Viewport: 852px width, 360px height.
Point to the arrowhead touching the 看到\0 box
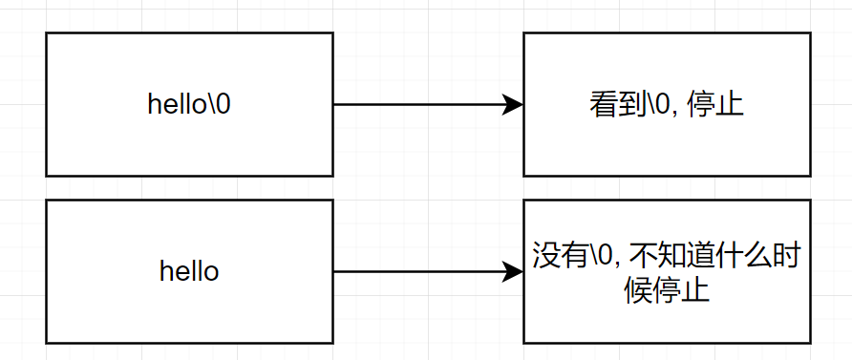pyautogui.click(x=514, y=105)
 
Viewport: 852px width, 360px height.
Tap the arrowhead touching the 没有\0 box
pyautogui.click(x=514, y=272)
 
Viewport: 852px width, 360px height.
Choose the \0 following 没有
pyautogui.click(x=604, y=256)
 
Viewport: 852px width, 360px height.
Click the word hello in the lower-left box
pyautogui.click(x=189, y=272)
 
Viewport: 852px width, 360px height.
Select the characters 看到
pyautogui.click(x=618, y=105)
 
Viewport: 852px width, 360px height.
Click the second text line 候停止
pyautogui.click(x=667, y=288)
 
